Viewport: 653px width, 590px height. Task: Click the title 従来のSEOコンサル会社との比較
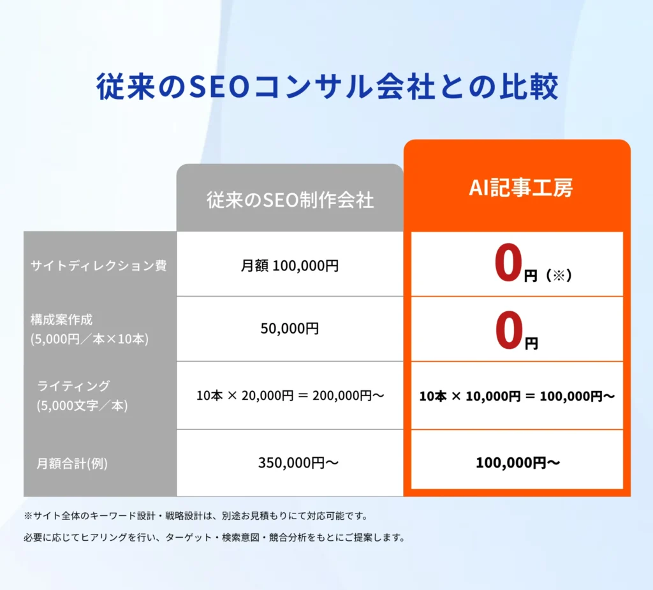tap(327, 87)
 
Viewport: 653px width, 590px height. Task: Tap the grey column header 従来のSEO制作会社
tap(290, 200)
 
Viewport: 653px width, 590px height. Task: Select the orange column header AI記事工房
tap(520, 188)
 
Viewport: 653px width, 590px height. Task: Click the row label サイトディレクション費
tap(99, 265)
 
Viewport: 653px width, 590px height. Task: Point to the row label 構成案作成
tap(62, 320)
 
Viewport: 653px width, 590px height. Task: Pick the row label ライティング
tap(73, 387)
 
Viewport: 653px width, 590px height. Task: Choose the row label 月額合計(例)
tap(72, 463)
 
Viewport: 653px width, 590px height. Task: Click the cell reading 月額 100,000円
tap(290, 265)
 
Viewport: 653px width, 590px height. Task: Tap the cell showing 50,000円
tap(290, 328)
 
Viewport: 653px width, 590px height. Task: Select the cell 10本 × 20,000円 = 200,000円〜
tap(290, 395)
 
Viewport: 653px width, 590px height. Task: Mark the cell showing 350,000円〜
tap(298, 462)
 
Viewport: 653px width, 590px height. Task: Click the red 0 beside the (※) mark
tap(508, 263)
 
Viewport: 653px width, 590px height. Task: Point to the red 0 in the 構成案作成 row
tap(508, 330)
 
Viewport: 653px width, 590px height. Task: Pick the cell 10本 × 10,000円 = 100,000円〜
tap(517, 396)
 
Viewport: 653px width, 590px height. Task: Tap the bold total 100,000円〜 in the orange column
tap(518, 462)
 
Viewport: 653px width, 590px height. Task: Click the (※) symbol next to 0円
tap(559, 275)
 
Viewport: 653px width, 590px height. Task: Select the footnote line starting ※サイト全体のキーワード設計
tap(196, 516)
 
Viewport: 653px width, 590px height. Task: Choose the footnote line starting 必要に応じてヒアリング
tap(215, 538)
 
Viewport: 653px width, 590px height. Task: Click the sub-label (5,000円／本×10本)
tap(89, 339)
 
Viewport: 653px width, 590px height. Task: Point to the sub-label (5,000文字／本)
tap(82, 406)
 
